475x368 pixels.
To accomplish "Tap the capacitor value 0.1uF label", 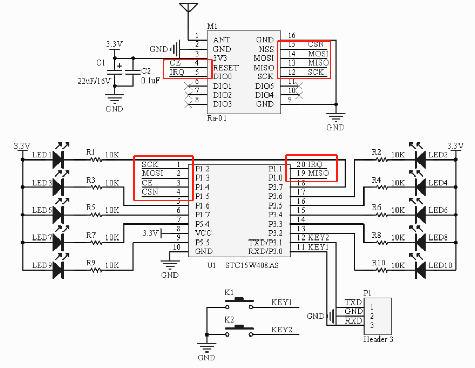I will pyautogui.click(x=150, y=81).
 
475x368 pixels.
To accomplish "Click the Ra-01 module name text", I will pyautogui.click(x=216, y=118).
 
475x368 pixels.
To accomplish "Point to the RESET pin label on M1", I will pyautogui.click(x=226, y=68).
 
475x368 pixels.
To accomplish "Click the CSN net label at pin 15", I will pyautogui.click(x=315, y=45).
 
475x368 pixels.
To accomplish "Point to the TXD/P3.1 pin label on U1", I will pyautogui.click(x=265, y=243).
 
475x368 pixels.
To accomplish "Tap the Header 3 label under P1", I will pyautogui.click(x=378, y=339).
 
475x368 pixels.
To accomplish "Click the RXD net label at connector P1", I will pyautogui.click(x=353, y=321).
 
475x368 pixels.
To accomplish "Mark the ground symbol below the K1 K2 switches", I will pyautogui.click(x=207, y=347).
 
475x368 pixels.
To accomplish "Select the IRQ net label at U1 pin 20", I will pyautogui.click(x=315, y=164).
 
